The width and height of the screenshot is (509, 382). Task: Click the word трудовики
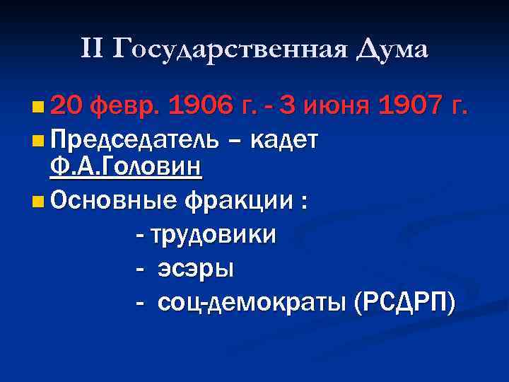coord(216,234)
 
